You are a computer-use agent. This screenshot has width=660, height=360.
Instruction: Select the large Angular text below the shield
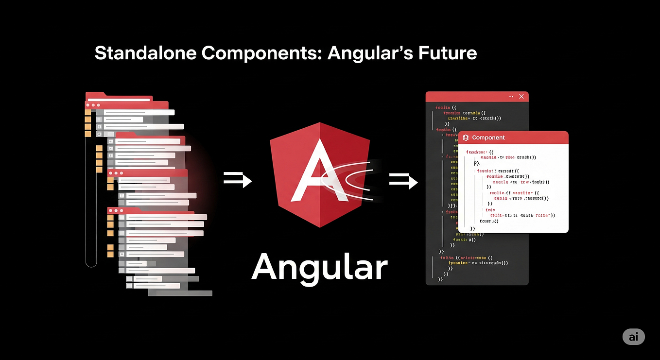point(319,267)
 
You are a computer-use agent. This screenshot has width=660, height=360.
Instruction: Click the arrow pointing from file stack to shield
point(238,180)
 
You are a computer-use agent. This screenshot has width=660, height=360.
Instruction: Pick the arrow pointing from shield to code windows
point(403,182)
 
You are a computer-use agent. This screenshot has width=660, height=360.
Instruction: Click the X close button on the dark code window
point(521,97)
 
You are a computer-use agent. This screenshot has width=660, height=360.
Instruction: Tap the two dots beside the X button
point(511,97)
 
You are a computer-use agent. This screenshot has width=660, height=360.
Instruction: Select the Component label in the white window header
point(488,138)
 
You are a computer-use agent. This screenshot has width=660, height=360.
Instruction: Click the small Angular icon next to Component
point(466,138)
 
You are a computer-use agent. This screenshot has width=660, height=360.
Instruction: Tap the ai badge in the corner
point(633,337)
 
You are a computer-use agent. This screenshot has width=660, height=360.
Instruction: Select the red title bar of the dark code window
point(467,97)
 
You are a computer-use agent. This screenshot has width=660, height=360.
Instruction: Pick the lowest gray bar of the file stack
point(180,293)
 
